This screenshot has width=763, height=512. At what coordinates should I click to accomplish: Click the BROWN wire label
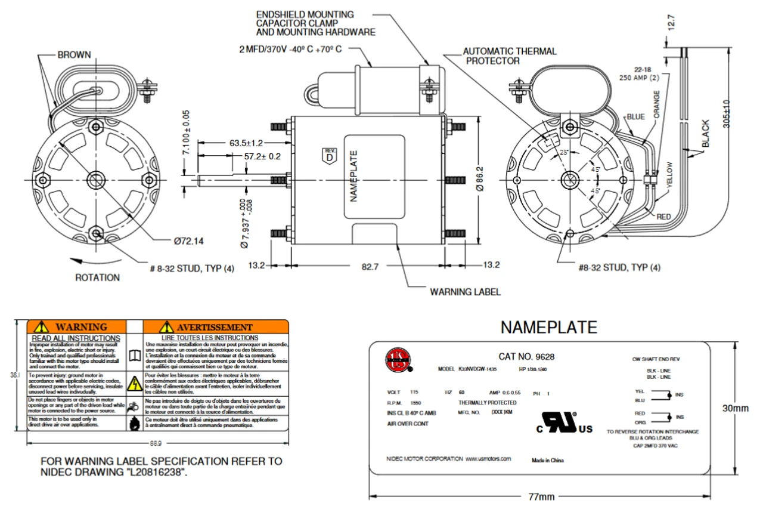pos(74,55)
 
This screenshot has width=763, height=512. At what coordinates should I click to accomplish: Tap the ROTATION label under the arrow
pos(97,277)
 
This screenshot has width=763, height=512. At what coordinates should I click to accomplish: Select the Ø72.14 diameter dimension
pos(188,241)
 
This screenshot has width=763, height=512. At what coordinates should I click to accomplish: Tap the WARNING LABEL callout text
pos(465,292)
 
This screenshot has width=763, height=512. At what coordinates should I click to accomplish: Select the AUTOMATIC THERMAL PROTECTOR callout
pos(510,56)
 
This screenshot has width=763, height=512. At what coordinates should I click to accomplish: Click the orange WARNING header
pos(77,327)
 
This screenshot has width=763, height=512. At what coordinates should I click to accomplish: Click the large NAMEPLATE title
pos(548,327)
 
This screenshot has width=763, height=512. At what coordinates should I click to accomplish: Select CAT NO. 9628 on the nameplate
pos(526,357)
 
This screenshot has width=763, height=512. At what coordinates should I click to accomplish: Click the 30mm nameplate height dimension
pos(735,408)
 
